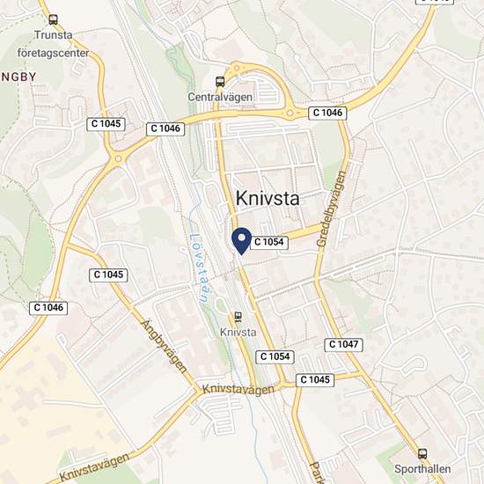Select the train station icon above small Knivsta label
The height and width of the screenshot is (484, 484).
coord(238,317)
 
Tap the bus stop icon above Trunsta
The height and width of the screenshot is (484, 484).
coord(53,19)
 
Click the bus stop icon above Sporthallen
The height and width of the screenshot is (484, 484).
coord(423,454)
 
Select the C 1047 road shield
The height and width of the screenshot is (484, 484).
coord(343,344)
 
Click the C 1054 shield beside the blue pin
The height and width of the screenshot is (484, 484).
coord(270,241)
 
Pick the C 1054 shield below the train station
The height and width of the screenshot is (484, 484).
coord(274,356)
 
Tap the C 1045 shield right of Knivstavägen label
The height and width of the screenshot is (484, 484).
coord(314,379)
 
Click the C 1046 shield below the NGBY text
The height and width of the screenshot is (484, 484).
coord(49,307)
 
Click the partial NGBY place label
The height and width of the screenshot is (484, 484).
coord(18,76)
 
